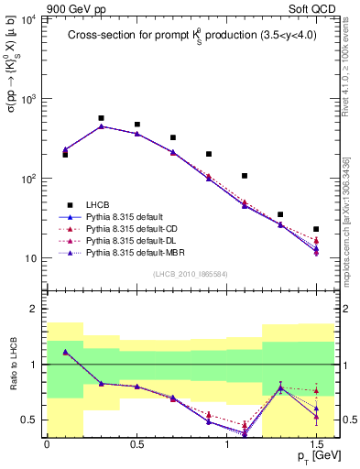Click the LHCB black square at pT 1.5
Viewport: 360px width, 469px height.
point(316,229)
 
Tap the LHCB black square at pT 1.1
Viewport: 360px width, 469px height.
point(245,176)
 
